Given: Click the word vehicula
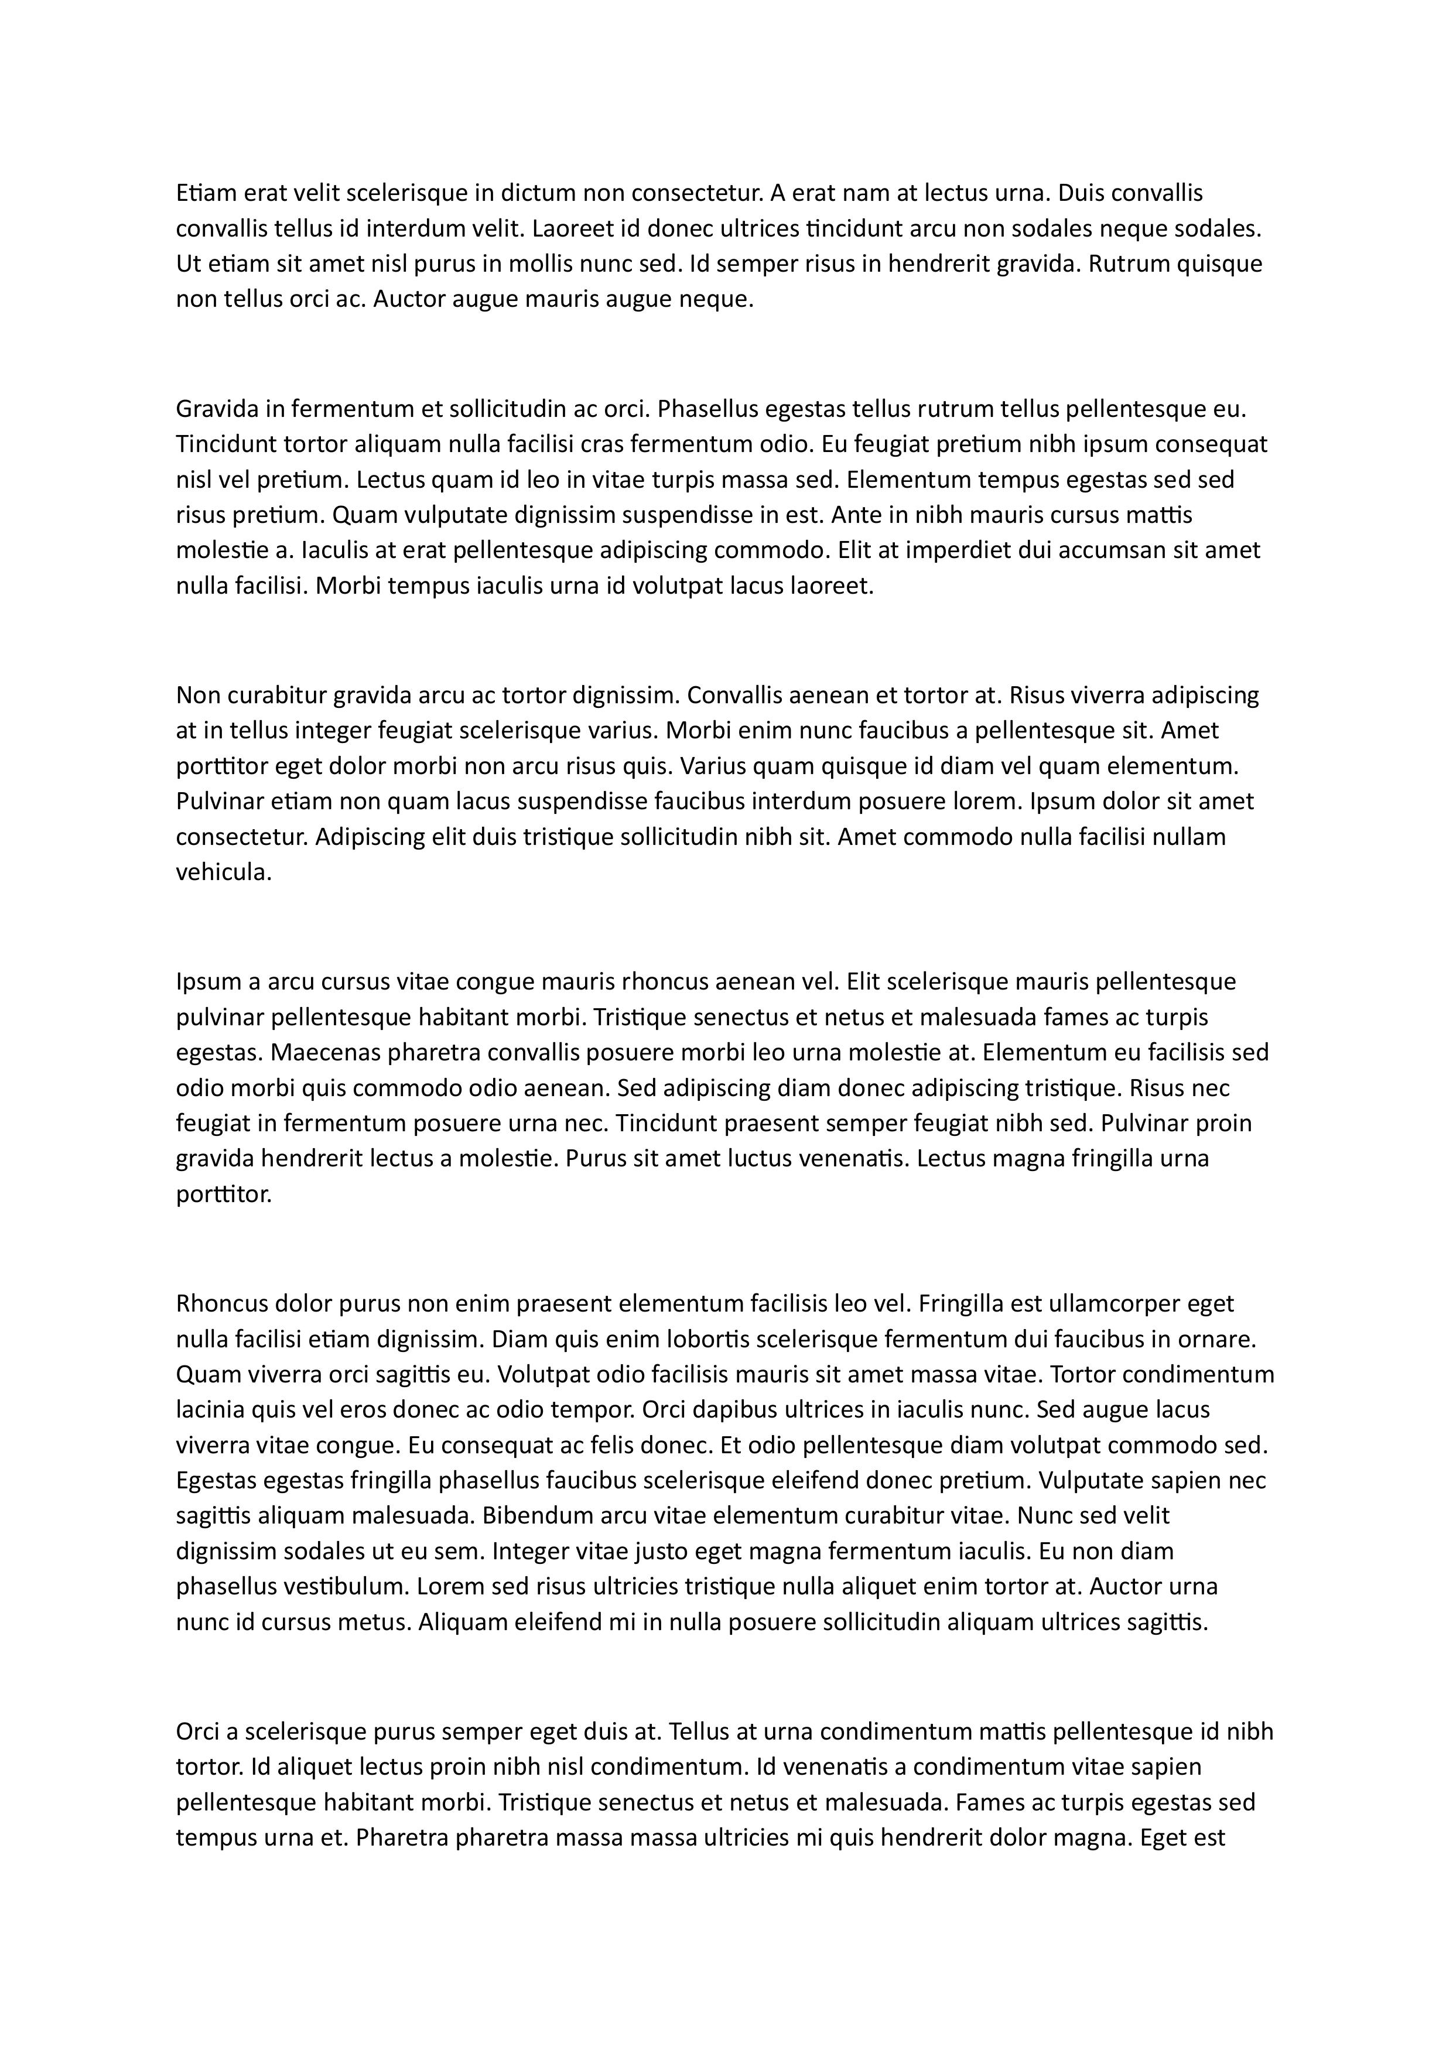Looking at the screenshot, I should pyautogui.click(x=223, y=872).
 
